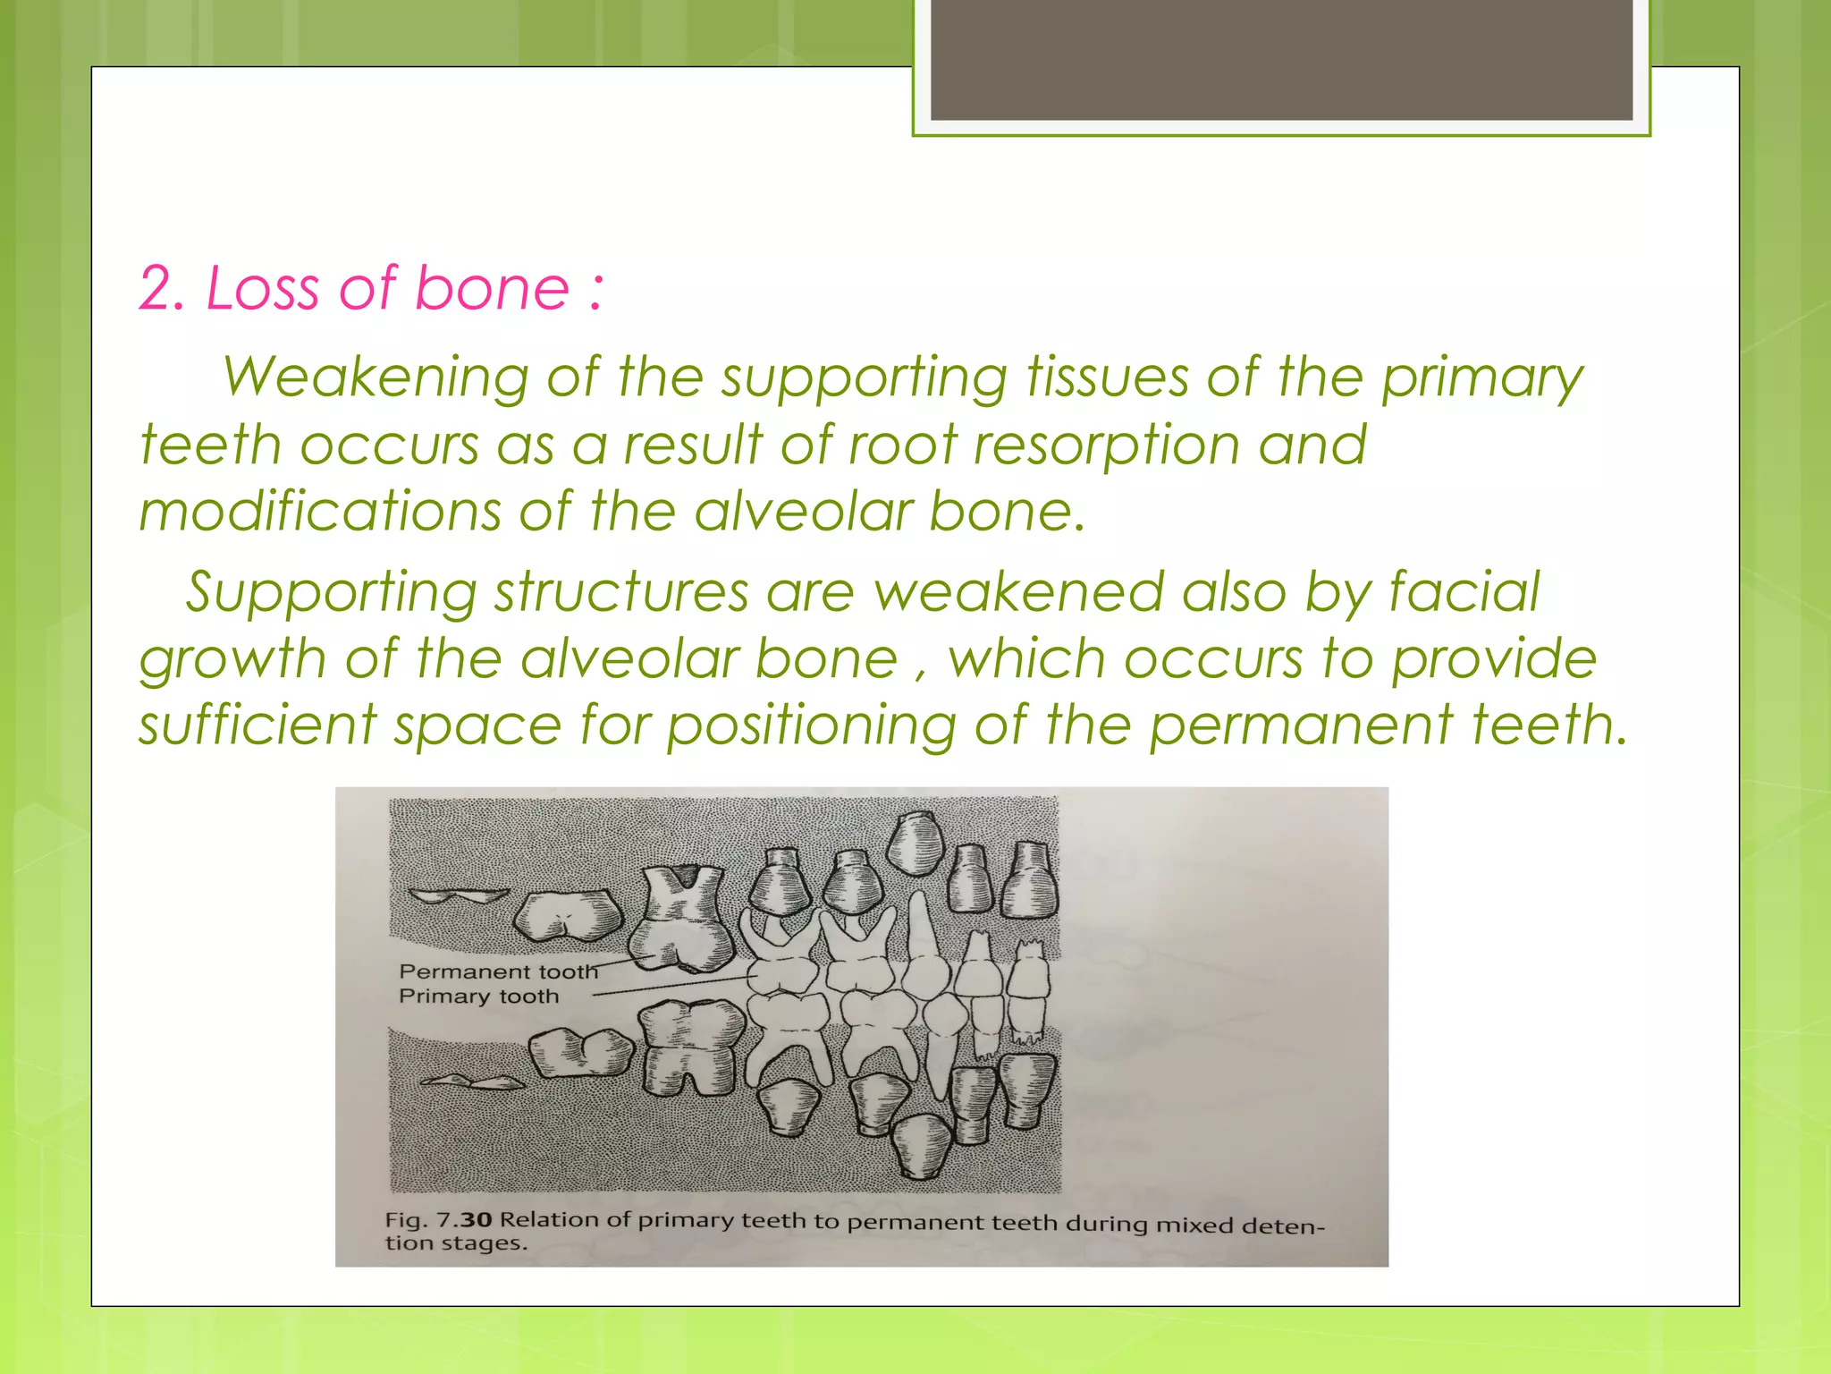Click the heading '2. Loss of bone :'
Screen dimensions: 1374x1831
371,289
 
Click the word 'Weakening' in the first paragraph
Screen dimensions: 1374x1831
375,377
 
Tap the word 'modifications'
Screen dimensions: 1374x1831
319,512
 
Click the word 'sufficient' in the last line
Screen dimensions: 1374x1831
257,724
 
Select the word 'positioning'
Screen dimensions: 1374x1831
811,725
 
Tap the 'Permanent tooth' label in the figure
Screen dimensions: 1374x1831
497,971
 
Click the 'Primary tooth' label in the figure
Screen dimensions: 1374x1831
478,997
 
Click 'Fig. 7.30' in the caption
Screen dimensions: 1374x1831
438,1220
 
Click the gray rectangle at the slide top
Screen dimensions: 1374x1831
1280,59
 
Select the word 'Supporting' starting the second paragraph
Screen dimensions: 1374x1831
331,592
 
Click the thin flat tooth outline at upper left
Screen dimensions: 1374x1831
457,896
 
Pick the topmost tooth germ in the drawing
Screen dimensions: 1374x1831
915,844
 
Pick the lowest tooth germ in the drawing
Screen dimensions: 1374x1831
922,1147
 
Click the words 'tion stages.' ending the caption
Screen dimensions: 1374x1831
456,1243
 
